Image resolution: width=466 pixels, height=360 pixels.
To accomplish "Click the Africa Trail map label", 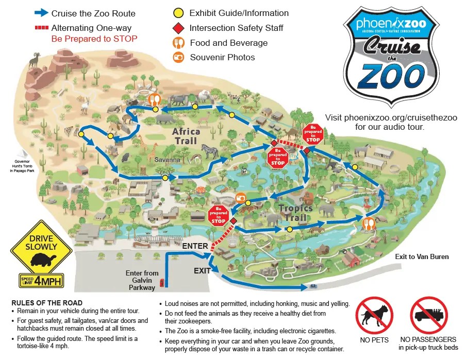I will [186, 136].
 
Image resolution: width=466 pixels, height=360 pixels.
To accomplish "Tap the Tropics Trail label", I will [296, 213].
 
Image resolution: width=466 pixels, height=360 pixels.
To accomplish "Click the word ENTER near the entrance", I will [195, 246].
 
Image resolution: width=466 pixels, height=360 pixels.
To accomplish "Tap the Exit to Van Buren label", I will [422, 256].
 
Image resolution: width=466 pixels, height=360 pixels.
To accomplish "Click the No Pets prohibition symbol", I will [374, 315].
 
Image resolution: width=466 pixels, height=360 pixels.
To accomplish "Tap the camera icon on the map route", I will [240, 198].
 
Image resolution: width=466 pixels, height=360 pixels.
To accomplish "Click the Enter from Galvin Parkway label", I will [142, 280].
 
